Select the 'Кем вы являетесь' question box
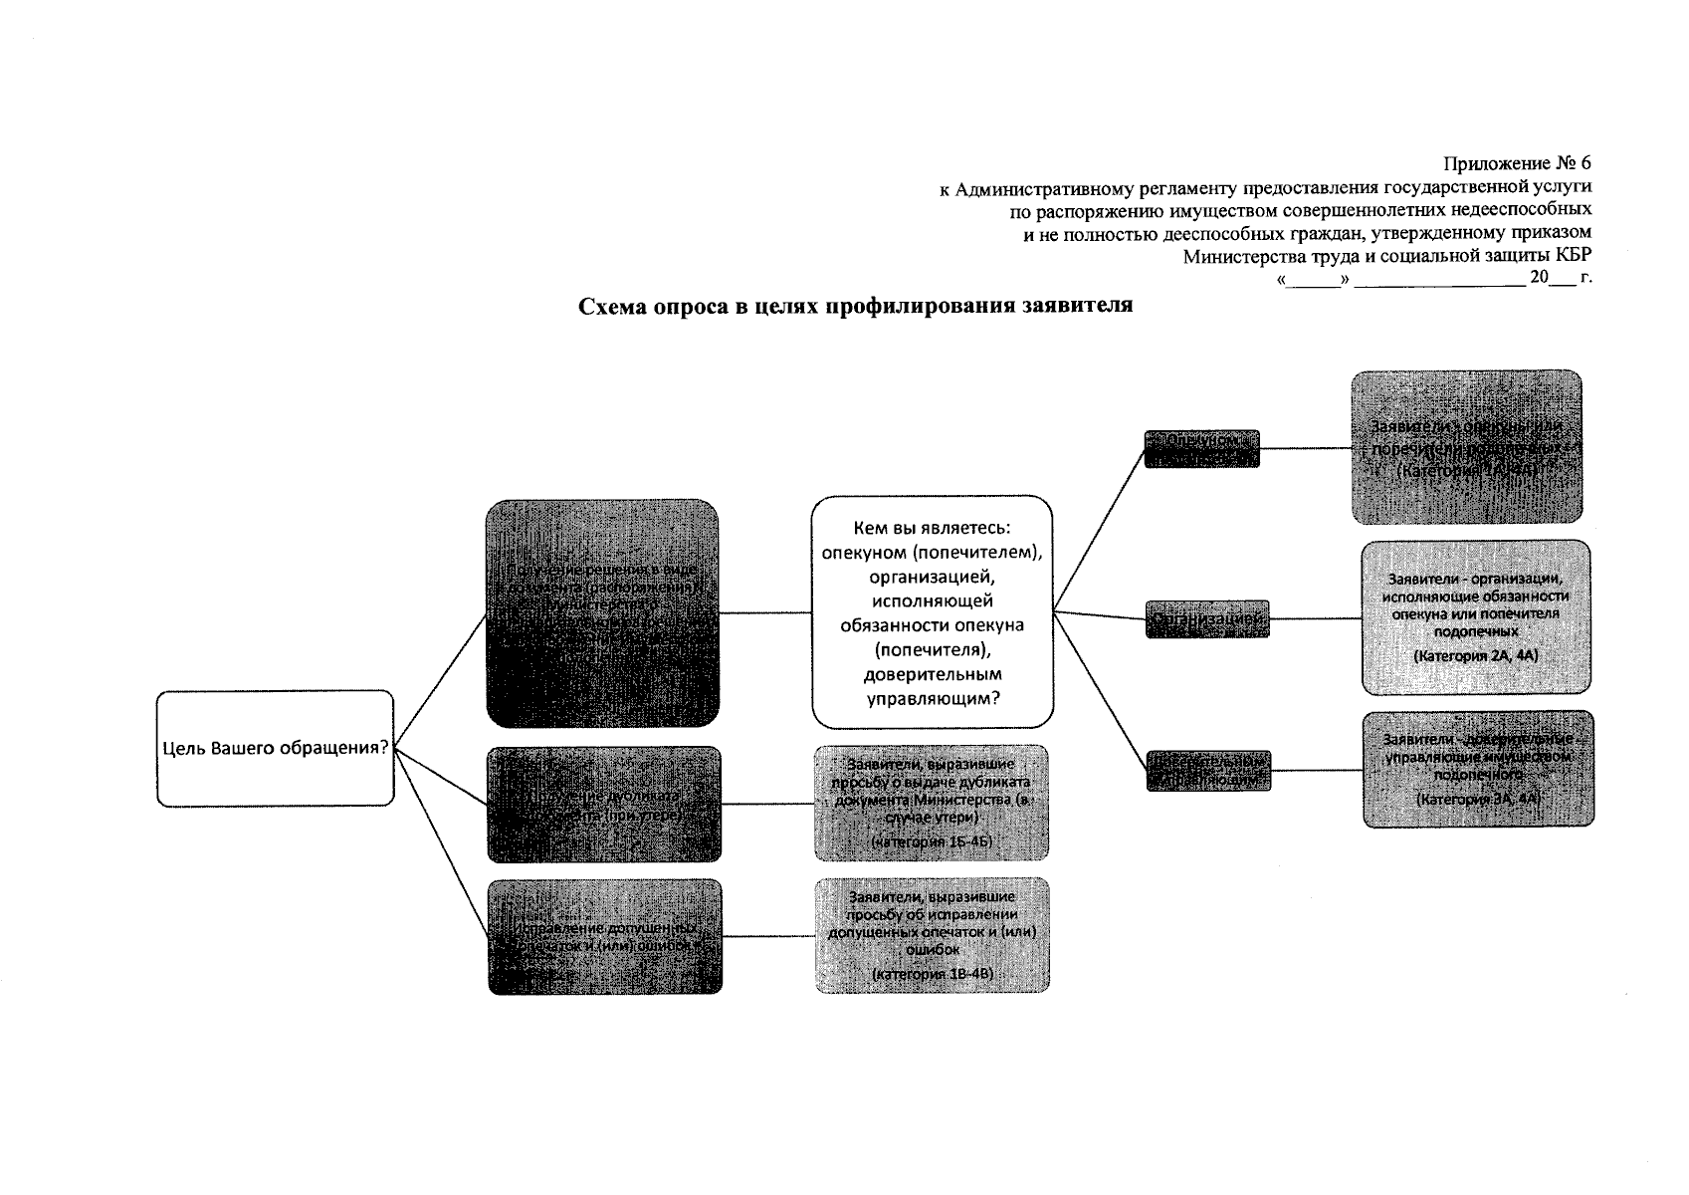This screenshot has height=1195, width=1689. pyautogui.click(x=933, y=611)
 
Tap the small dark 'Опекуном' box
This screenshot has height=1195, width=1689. pyautogui.click(x=1201, y=448)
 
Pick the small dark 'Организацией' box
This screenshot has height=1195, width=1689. pyautogui.click(x=1207, y=618)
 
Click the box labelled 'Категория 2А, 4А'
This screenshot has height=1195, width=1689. pyautogui.click(x=1476, y=617)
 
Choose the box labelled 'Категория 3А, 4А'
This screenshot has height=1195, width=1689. pyautogui.click(x=1478, y=769)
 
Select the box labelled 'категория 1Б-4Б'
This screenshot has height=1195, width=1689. pyautogui.click(x=931, y=803)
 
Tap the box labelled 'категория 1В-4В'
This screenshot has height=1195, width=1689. pyautogui.click(x=932, y=935)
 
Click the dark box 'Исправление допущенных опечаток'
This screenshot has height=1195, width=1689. pyautogui.click(x=604, y=936)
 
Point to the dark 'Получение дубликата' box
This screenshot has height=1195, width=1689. pyautogui.click(x=604, y=804)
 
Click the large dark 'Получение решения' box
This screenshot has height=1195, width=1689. pyautogui.click(x=602, y=613)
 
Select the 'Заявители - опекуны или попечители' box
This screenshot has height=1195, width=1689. pyautogui.click(x=1466, y=447)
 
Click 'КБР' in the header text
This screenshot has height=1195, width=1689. pyautogui.click(x=1571, y=256)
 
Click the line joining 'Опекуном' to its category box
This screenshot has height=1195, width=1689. pyautogui.click(x=1305, y=448)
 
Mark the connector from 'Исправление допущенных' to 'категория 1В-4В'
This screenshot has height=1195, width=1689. pyautogui.click(x=767, y=936)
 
